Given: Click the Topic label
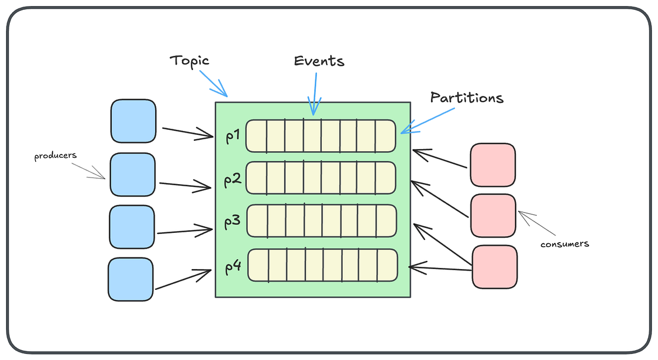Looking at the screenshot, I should coord(190,60).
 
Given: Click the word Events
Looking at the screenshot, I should coord(319,61).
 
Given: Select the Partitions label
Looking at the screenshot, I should coord(467,98).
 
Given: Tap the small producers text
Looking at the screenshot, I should coord(55,157).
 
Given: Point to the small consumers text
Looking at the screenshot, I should coord(565,244).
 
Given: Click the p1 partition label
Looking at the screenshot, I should coord(233,135).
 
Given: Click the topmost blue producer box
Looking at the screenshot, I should coord(133,121).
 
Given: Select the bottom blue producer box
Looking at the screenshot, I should coord(131,279).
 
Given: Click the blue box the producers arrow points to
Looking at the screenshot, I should coord(132,174).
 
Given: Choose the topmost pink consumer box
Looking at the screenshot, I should coord(492,165).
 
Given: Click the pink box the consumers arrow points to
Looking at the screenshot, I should coord(492,215).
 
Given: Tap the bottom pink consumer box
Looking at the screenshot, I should coord(495,266).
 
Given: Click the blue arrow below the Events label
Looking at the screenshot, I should coord(315,93).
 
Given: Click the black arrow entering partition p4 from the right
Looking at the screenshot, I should coord(439,268).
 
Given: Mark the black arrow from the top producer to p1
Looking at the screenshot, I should coord(186,132).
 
